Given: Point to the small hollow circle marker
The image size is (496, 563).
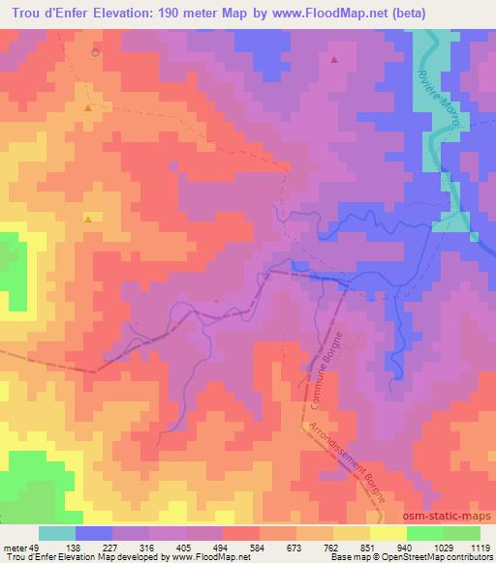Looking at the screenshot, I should [x=95, y=52].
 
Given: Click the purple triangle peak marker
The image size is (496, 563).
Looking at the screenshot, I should [x=335, y=60].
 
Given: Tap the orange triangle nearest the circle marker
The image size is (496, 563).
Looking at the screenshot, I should [x=88, y=108].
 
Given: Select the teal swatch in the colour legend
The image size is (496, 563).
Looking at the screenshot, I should [x=57, y=533].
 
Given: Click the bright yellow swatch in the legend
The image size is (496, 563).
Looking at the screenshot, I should [x=387, y=533].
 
